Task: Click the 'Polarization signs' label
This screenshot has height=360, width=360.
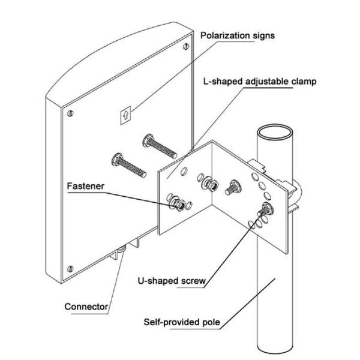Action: coord(238,35)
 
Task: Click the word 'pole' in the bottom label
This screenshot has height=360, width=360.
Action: coord(212,323)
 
